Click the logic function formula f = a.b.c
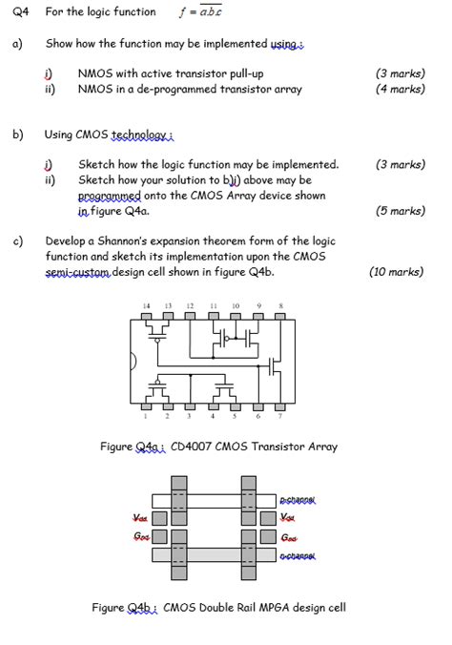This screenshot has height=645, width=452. point(199,12)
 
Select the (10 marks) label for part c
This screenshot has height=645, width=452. point(396,272)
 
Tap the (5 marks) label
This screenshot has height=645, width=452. point(401,211)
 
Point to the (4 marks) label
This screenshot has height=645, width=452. point(401,89)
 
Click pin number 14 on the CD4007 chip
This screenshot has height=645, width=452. point(146,305)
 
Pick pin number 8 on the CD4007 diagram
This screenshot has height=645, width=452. point(280,305)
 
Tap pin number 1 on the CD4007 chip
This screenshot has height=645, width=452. point(146,416)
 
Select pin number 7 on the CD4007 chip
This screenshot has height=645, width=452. point(280,416)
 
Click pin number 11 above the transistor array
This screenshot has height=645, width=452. point(213,305)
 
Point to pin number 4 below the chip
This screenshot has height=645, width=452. point(213,416)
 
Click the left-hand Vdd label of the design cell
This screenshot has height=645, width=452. point(140,518)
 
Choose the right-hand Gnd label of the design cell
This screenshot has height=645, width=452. point(290,537)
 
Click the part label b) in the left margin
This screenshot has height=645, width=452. point(18,135)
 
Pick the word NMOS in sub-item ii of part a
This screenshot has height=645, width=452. point(94,89)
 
